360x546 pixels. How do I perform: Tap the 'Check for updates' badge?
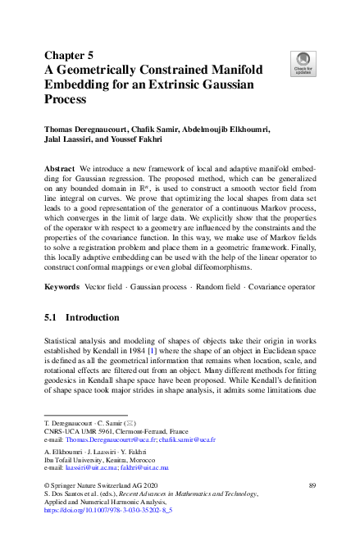pyautogui.click(x=302, y=60)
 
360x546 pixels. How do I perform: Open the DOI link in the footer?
pyautogui.click(x=107, y=509)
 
